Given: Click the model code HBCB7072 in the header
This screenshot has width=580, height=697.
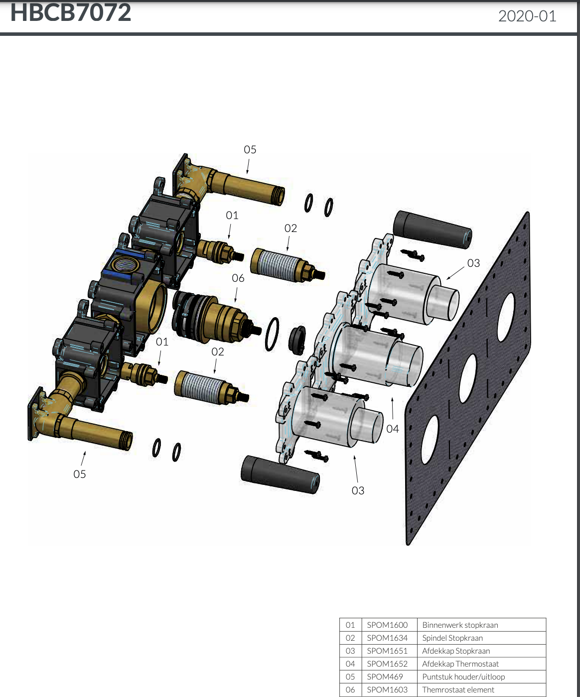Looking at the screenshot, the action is (70, 12).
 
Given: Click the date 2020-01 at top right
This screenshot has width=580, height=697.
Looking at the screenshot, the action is (527, 16).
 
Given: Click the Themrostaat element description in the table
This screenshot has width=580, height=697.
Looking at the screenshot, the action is (458, 690).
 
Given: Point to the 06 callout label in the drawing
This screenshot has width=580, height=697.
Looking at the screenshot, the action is (238, 278).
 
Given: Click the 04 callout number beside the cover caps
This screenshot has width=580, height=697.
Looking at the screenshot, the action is (393, 429).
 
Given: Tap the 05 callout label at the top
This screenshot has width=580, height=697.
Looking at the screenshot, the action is (250, 149).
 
